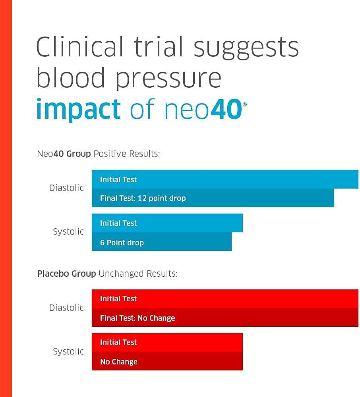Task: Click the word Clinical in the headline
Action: [79, 47]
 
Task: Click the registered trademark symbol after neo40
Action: [244, 104]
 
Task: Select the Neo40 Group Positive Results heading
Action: [98, 154]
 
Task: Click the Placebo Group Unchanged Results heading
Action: [107, 274]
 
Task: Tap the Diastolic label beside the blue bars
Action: [66, 188]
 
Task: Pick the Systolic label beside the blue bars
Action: [68, 231]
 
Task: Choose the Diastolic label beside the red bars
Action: [66, 308]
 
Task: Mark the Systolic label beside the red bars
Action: [68, 351]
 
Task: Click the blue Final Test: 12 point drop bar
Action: [213, 198]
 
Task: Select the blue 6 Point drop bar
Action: [161, 242]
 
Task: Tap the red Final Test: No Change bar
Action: [225, 318]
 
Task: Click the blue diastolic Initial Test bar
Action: [225, 179]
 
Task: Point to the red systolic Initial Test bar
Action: [167, 342]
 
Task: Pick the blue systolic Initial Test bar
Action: [167, 223]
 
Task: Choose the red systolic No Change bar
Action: [167, 361]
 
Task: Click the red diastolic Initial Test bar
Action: [225, 299]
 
